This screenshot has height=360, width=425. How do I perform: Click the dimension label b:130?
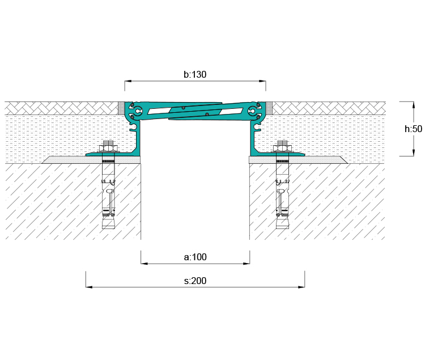coord(195,74)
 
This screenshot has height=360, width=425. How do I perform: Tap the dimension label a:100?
coord(195,257)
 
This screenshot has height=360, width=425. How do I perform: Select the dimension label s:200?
coord(195,281)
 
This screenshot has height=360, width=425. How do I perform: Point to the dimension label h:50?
coord(413,129)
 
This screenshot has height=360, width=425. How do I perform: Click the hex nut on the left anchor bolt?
coord(108,149)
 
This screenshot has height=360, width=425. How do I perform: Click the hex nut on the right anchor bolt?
coord(282,149)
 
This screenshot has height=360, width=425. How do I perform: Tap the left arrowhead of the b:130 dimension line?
coord(128,81)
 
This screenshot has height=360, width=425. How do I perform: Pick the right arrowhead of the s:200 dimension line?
coord(301,287)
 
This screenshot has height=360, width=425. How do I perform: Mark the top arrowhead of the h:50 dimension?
coord(413,105)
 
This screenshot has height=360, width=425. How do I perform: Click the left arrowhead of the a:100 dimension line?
coord(144,263)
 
